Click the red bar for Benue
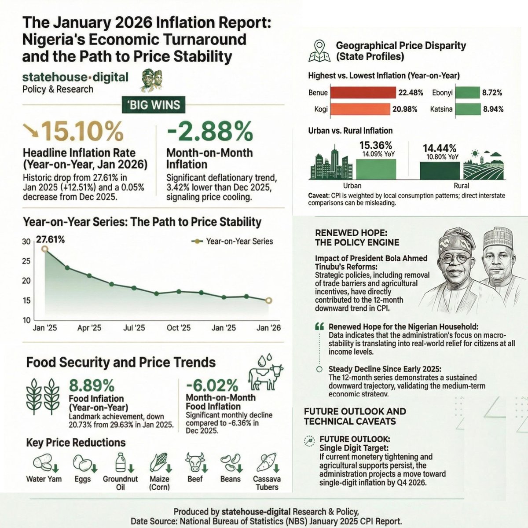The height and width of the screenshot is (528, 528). pyautogui.click(x=363, y=92)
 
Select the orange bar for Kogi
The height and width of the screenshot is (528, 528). pyautogui.click(x=360, y=109)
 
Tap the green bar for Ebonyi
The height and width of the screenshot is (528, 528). pyautogui.click(x=467, y=92)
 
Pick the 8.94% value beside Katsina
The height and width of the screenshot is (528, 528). pyautogui.click(x=492, y=109)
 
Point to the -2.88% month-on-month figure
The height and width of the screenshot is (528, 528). pyautogui.click(x=210, y=132)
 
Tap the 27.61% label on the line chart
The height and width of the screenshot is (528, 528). pyautogui.click(x=50, y=240)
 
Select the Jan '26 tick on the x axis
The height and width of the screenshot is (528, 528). pyautogui.click(x=268, y=328)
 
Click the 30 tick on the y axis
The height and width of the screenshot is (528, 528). pyautogui.click(x=26, y=242)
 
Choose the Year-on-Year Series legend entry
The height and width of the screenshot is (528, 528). pyautogui.click(x=233, y=241)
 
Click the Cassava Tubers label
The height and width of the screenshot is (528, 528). pyautogui.click(x=267, y=483)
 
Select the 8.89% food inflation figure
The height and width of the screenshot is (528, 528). pyautogui.click(x=92, y=386)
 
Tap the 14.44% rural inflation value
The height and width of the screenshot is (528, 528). pyautogui.click(x=440, y=148)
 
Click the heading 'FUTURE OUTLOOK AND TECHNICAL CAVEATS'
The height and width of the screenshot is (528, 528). pyautogui.click(x=355, y=416)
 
